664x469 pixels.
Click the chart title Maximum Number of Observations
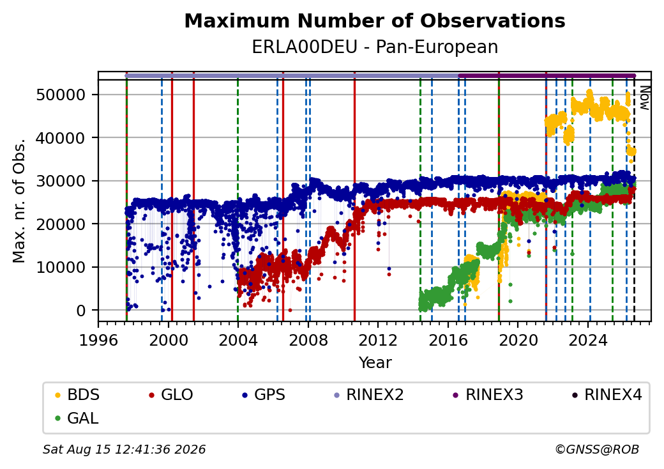375,20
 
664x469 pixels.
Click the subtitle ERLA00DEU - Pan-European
375,47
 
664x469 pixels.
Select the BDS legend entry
78,395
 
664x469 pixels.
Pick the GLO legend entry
172,395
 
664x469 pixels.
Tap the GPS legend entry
264,395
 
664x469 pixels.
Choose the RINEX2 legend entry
369,395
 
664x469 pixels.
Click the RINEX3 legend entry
488,395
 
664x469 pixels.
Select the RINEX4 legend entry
607,395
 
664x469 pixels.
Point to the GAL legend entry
77,418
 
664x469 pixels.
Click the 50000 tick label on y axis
61,95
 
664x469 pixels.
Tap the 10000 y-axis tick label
61,267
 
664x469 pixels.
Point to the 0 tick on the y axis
81,311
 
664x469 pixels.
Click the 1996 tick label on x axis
98,340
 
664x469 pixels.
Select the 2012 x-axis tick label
378,340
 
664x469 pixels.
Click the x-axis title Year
375,363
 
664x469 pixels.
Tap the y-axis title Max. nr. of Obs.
19,201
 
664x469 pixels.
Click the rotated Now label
644,98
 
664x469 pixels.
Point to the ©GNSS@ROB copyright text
597,449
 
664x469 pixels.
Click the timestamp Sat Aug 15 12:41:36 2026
124,449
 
